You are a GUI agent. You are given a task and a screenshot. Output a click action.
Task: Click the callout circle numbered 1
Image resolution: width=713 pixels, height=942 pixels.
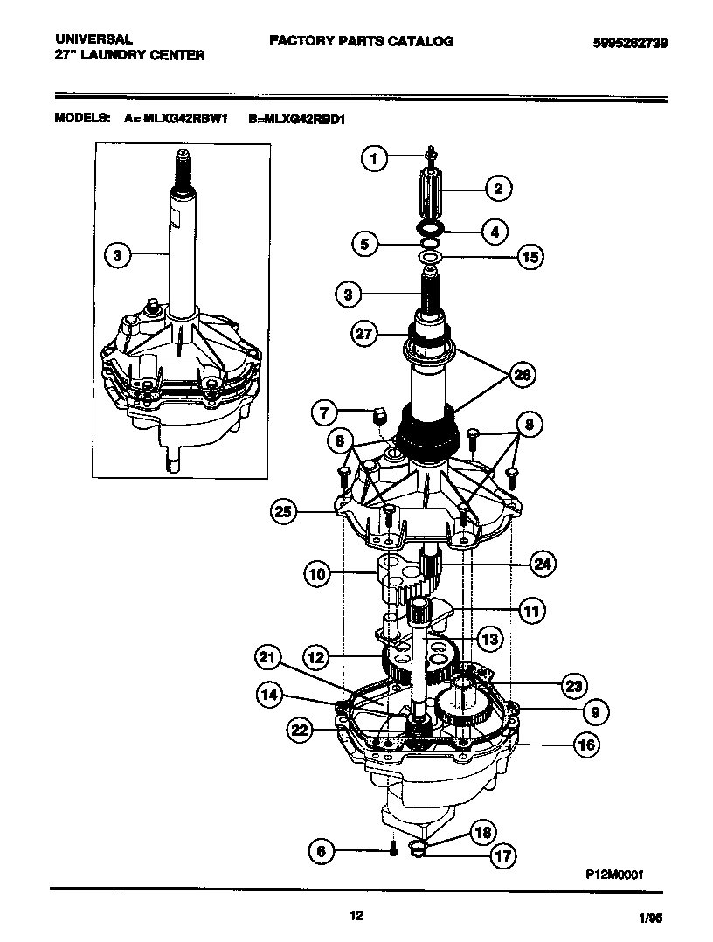374,158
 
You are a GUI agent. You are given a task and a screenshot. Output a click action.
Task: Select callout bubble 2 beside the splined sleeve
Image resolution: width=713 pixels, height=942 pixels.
498,187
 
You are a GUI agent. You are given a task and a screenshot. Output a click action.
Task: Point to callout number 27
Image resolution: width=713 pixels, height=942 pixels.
363,333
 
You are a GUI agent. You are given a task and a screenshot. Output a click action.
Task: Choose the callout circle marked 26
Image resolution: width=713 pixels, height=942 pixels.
522,375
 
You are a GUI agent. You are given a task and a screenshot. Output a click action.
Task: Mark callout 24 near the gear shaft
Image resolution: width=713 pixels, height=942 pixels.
543,565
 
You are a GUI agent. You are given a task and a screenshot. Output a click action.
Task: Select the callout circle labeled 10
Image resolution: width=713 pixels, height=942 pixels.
317,574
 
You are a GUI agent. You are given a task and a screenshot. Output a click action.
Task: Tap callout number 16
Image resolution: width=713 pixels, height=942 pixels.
585,745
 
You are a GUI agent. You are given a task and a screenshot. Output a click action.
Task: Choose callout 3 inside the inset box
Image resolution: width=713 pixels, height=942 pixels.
118,256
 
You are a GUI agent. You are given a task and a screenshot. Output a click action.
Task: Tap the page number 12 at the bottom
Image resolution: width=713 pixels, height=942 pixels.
356,915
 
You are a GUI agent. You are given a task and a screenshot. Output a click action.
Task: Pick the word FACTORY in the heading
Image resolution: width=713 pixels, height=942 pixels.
298,41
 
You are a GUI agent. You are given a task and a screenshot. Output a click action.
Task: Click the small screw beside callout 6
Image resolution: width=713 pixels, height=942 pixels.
394,848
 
